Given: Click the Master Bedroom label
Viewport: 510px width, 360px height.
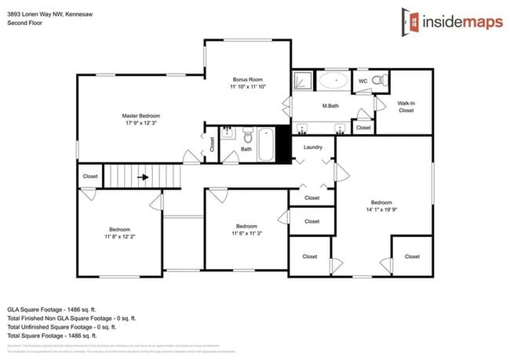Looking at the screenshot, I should pos(140,115).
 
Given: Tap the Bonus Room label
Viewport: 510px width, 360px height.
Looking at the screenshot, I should pos(248,80).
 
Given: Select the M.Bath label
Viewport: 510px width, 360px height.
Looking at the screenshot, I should pos(330,106).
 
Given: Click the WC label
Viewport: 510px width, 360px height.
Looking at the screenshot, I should pos(362,81).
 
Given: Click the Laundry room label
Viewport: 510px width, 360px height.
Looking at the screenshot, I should pos(313,147).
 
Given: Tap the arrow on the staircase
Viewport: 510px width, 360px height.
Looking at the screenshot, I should pos(143,177).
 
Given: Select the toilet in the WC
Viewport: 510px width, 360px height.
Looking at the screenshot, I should pos(380,79).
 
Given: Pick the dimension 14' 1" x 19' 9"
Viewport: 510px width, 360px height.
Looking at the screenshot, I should pos(382,209).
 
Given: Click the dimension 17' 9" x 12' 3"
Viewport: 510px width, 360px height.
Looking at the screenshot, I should pos(140,123).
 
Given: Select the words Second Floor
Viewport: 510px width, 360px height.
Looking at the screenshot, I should pos(24,23).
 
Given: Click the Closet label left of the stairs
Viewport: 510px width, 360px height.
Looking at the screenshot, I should pos(90,176).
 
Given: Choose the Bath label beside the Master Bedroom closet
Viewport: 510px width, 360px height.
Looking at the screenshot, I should pos(246,148).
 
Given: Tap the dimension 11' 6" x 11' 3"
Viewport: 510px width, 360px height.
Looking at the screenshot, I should pos(247,233).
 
